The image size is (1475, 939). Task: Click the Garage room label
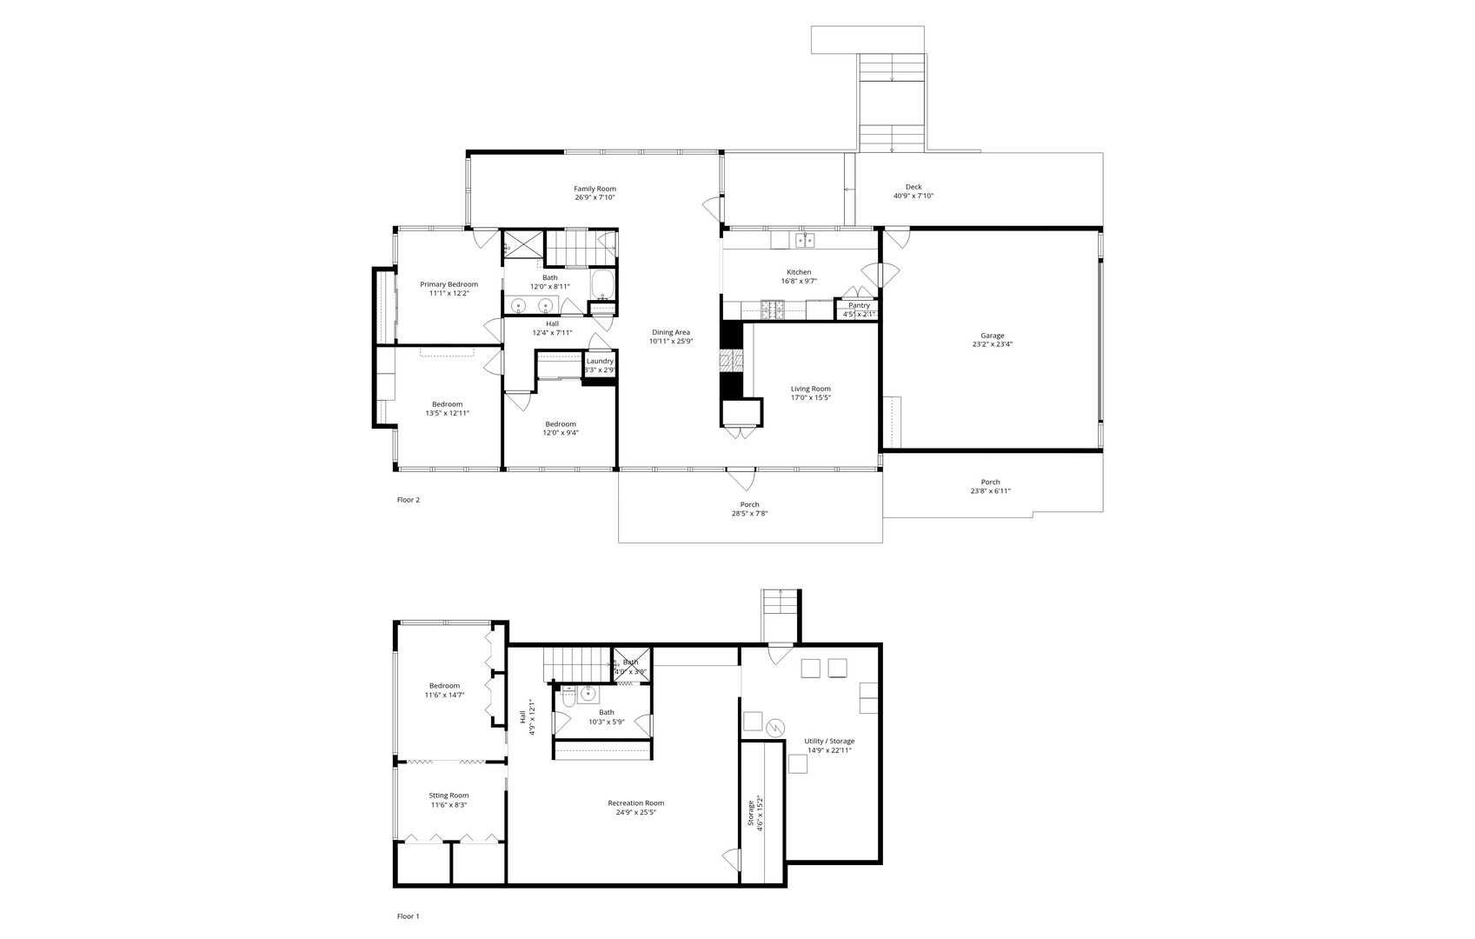pos(992,336)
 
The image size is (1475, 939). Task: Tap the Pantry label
pos(859,305)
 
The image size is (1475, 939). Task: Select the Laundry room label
pos(600,361)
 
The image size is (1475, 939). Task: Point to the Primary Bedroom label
pos(448,284)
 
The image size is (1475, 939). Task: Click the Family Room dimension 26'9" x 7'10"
pos(595,197)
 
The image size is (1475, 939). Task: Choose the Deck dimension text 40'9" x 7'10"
pos(913,196)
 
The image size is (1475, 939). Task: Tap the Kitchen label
pos(799,272)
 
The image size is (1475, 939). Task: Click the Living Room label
pos(810,389)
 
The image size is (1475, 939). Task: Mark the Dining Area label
pos(670,332)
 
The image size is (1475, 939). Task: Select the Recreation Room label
pos(635,803)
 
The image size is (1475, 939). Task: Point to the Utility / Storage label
pos(828,741)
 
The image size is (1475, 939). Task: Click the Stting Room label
pos(448,796)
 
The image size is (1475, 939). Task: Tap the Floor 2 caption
pos(408,500)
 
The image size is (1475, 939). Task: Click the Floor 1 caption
pos(408,916)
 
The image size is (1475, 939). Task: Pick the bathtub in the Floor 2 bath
pos(602,284)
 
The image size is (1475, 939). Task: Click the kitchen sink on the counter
pos(805,239)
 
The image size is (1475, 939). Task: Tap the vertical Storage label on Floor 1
pos(750,813)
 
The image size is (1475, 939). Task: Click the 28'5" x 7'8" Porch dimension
pos(749,514)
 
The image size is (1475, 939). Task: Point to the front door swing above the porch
pos(741,478)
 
